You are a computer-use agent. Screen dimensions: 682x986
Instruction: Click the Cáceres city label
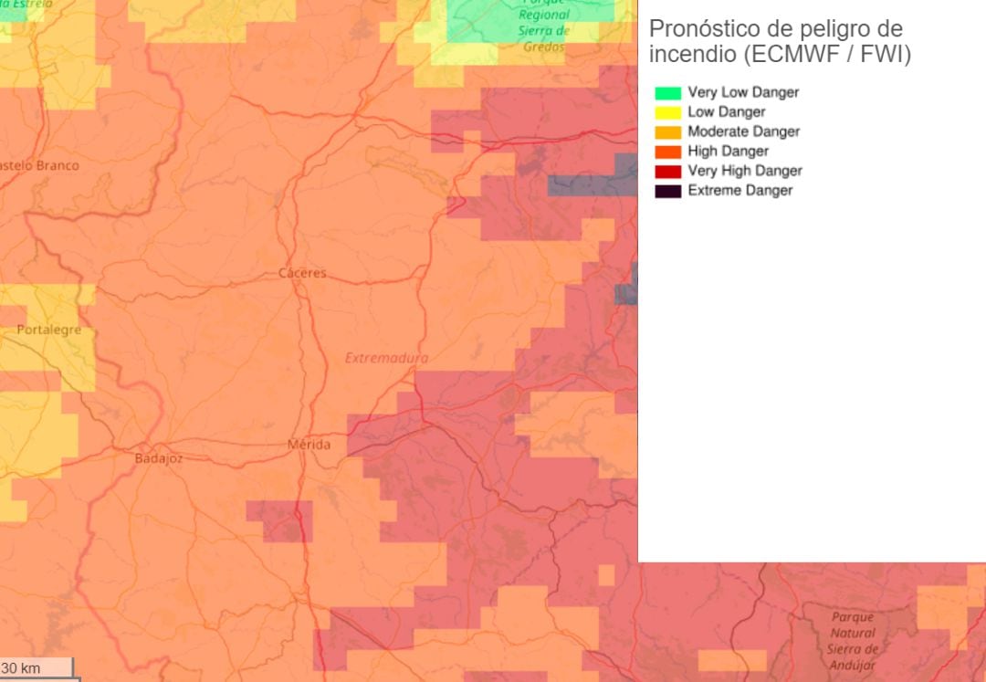click(302, 273)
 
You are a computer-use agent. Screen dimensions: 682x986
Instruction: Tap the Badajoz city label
click(158, 458)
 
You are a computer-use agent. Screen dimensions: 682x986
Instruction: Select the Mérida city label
click(309, 445)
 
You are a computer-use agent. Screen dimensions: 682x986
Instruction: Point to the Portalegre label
click(48, 330)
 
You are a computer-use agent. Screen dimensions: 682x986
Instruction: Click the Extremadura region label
click(386, 358)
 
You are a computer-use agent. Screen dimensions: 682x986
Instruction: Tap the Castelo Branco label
click(38, 165)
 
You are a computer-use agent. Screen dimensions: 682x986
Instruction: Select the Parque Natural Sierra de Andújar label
click(853, 641)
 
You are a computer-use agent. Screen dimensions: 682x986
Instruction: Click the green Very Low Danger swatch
click(668, 92)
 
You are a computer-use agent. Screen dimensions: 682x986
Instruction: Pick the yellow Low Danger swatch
click(668, 112)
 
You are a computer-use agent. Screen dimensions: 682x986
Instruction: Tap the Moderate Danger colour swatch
click(668, 131)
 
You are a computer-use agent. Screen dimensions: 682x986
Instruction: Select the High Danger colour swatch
click(668, 152)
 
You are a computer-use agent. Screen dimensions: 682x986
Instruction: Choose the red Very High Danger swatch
click(668, 171)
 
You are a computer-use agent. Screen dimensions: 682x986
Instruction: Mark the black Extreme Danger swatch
click(668, 191)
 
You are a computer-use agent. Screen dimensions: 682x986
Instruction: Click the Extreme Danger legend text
click(739, 191)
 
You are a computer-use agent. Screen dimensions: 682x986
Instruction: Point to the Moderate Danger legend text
click(743, 131)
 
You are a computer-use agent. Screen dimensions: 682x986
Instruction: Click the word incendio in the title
click(690, 55)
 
